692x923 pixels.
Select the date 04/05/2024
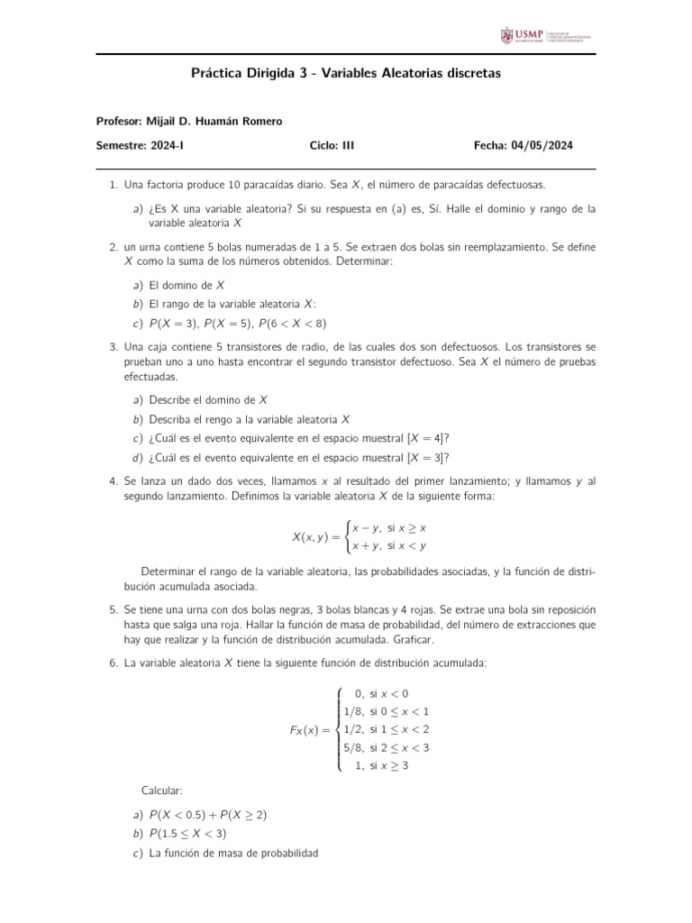pos(542,145)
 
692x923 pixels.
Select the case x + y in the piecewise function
pos(366,545)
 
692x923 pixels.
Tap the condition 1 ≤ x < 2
pos(399,729)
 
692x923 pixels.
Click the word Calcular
pos(162,790)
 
